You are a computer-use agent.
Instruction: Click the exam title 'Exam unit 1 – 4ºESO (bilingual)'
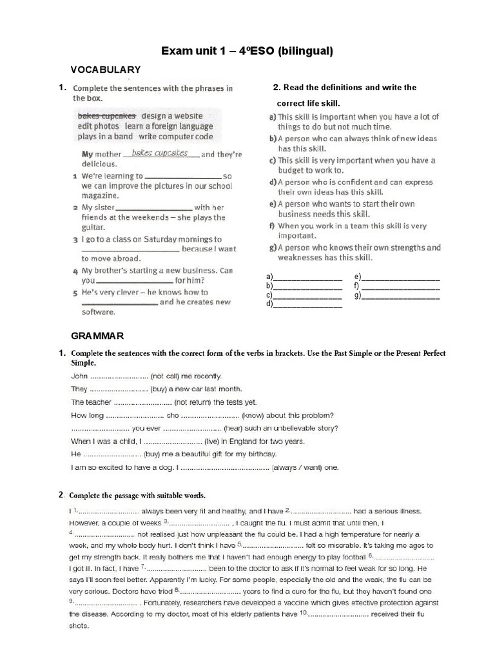click(x=247, y=51)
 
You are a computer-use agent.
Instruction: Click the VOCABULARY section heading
click(x=106, y=70)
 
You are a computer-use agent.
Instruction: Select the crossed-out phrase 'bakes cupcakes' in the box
click(x=106, y=115)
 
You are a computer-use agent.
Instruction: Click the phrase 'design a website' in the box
click(x=172, y=115)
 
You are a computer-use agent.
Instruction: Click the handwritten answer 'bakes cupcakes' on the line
click(x=159, y=153)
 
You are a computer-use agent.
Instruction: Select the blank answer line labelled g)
click(x=400, y=296)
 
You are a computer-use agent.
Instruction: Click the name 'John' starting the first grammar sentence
click(x=79, y=375)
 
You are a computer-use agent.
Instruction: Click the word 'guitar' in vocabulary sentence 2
click(x=93, y=228)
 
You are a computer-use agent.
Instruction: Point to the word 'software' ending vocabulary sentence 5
click(x=98, y=312)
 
